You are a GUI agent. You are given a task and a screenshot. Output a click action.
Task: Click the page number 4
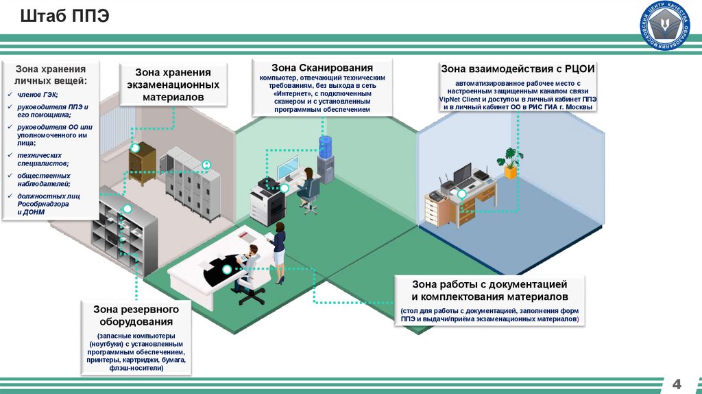pyautogui.click(x=679, y=383)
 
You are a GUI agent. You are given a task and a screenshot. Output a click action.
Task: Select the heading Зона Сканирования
pyautogui.click(x=322, y=68)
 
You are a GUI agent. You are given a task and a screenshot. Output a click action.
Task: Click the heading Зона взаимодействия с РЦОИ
pyautogui.click(x=517, y=69)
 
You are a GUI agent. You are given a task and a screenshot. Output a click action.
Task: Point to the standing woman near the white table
pyautogui.click(x=278, y=251)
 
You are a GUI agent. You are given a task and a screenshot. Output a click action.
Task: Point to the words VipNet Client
pyautogui.click(x=460, y=99)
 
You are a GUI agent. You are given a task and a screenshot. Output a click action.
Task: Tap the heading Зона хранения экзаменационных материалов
pyautogui.click(x=172, y=85)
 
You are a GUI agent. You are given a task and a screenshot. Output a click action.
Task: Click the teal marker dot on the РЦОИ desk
pyautogui.click(x=462, y=195)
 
